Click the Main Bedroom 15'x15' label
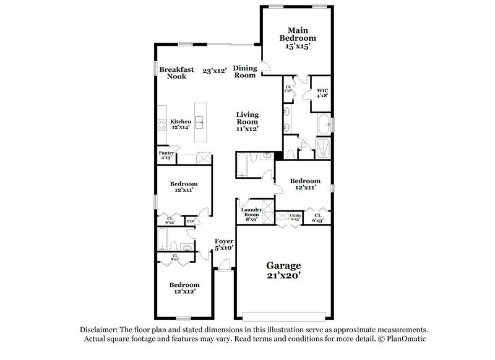click(x=298, y=37)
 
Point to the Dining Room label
click(x=244, y=72)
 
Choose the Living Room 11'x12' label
click(x=247, y=122)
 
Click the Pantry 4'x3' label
click(x=165, y=155)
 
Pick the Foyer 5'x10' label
click(x=223, y=244)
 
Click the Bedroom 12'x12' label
click(x=184, y=288)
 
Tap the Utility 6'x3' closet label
click(x=295, y=217)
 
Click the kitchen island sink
click(x=200, y=121)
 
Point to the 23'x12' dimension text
click(x=215, y=71)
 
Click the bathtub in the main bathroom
click(x=323, y=126)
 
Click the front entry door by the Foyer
click(x=223, y=267)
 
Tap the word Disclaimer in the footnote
click(x=100, y=330)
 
